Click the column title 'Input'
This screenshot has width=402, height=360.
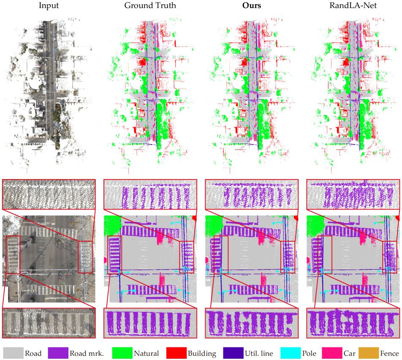click(49, 5)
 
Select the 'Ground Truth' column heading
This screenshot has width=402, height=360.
click(150, 5)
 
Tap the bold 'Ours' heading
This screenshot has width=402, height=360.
click(252, 5)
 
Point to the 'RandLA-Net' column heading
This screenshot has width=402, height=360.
click(353, 5)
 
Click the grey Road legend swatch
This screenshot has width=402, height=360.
click(14, 353)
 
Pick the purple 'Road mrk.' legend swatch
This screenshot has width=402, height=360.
click(58, 353)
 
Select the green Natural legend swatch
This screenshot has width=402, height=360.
click(122, 353)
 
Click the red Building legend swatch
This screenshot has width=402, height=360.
click(177, 353)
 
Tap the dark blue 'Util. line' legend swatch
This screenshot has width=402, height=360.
click(233, 353)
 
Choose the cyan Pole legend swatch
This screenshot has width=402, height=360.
click(291, 353)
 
